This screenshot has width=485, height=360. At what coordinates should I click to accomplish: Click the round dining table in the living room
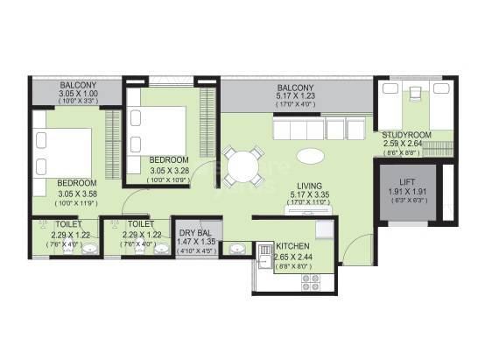click(242, 164)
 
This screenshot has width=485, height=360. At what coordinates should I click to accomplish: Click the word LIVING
click(308, 186)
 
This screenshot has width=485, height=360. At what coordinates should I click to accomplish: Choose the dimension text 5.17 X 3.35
click(308, 196)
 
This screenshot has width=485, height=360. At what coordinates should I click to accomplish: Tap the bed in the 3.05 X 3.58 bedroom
click(63, 152)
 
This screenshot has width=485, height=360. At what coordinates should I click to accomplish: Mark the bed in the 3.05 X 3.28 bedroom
click(158, 128)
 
